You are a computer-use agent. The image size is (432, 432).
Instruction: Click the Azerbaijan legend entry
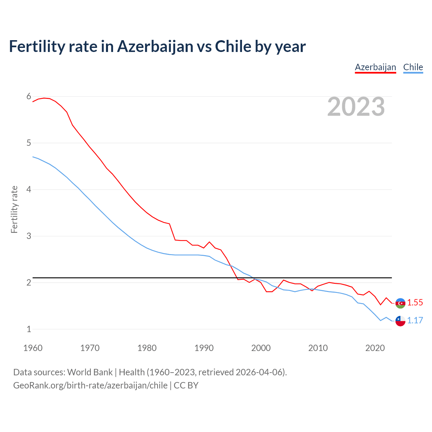[375, 67]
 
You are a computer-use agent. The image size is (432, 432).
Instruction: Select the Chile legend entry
[413, 67]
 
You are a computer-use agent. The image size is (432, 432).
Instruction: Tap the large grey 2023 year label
[356, 107]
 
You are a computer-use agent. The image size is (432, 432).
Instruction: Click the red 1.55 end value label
[415, 303]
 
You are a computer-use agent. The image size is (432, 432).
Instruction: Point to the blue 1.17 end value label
[415, 320]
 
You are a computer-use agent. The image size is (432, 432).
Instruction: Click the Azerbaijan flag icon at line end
[400, 303]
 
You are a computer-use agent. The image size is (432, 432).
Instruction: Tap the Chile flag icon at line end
[400, 321]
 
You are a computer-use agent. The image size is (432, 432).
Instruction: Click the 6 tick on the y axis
[29, 97]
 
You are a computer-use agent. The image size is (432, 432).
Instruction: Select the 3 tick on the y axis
[29, 236]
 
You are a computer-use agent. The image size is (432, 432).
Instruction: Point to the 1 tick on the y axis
[29, 329]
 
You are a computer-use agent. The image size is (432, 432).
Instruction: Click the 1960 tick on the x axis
[33, 348]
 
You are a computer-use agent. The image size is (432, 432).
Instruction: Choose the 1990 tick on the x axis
[204, 348]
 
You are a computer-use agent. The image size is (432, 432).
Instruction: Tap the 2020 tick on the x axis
[375, 348]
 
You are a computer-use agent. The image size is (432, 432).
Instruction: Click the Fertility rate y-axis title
[14, 209]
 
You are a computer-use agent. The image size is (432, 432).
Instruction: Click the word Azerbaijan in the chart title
[155, 47]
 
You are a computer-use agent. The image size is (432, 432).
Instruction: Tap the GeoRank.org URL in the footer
[90, 385]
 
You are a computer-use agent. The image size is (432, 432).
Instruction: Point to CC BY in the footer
[186, 385]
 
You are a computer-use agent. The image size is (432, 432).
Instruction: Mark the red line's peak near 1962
[44, 98]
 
